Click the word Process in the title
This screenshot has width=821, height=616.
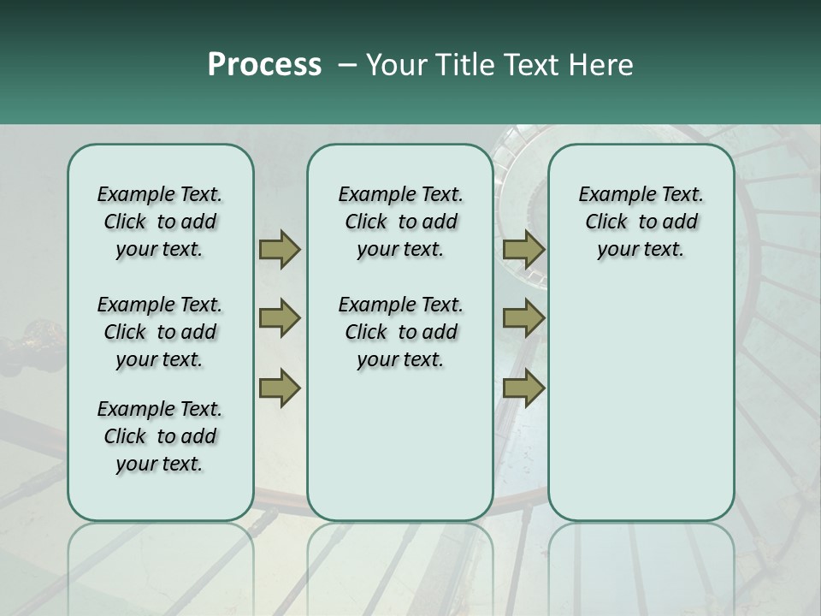tap(263, 65)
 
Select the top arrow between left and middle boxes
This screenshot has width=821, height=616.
tap(279, 250)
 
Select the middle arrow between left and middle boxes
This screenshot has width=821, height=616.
tap(279, 319)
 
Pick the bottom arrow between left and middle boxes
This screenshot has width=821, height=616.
tap(279, 388)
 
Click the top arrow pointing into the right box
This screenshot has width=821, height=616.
tap(523, 250)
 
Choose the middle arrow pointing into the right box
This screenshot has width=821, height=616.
tap(523, 319)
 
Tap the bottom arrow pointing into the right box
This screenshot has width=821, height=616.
tap(523, 388)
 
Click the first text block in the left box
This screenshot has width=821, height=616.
tap(160, 222)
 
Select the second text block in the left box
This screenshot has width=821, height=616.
tap(160, 332)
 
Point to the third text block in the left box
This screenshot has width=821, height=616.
tap(160, 436)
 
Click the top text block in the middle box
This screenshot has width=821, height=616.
tap(400, 222)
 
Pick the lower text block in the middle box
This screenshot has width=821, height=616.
tap(400, 332)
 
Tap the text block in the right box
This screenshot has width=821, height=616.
tap(641, 222)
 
